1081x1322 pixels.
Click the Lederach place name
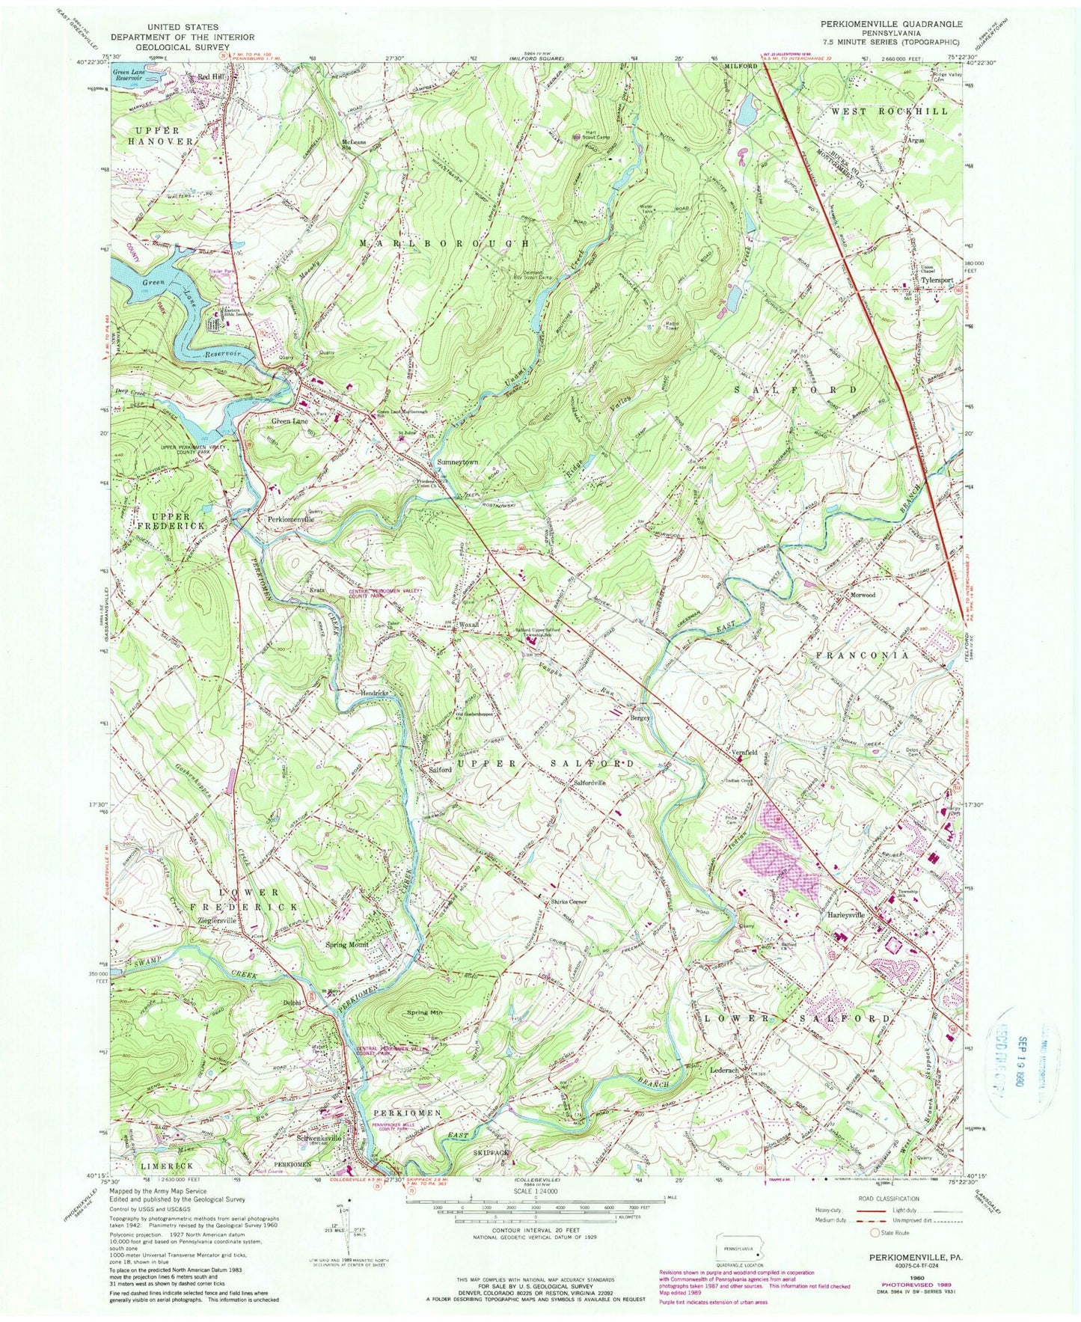click(723, 1071)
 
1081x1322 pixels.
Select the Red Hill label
click(210, 77)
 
